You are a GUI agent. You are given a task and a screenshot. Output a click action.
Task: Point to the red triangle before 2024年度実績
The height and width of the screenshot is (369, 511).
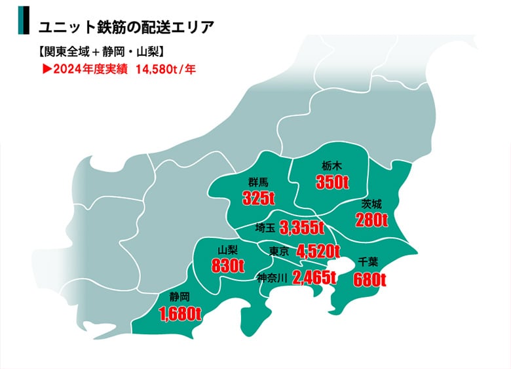(46, 68)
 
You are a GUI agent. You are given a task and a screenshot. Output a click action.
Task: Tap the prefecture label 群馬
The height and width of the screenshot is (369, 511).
(257, 182)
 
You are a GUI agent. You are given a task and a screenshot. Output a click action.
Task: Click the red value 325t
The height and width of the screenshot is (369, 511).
(258, 197)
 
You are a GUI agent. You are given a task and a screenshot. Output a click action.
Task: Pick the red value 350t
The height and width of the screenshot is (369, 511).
(331, 182)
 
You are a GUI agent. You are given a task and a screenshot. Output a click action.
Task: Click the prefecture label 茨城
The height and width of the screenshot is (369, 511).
(371, 204)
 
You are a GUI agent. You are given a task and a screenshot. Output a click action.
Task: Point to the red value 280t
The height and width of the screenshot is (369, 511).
(371, 220)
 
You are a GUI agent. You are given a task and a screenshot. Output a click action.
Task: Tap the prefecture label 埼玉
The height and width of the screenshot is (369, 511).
(265, 228)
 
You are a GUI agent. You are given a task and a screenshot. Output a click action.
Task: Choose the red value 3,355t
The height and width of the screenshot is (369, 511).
(302, 228)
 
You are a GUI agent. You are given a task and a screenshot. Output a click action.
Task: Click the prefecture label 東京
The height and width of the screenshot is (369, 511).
(279, 251)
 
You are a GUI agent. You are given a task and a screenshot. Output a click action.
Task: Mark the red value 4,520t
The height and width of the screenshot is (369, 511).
(318, 251)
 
